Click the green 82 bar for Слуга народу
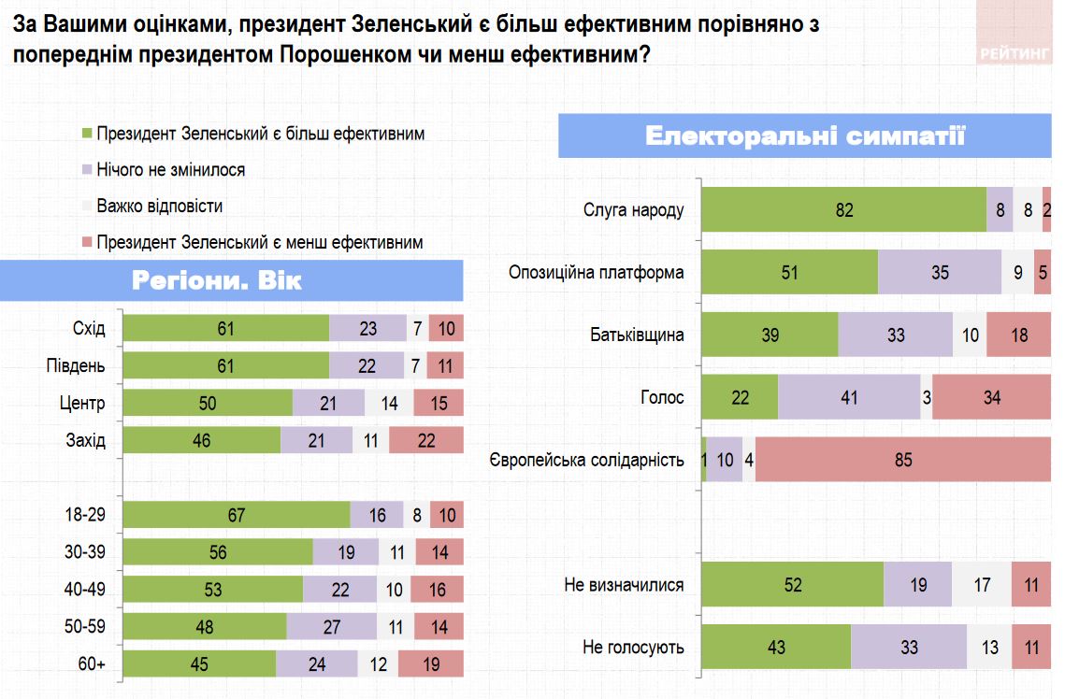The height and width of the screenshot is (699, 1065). coord(843,209)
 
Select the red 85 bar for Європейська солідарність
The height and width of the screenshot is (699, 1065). coord(902,460)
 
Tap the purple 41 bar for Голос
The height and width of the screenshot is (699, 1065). coord(848,397)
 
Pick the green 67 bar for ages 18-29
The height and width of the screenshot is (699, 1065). coord(237,515)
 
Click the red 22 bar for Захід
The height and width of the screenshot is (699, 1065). coord(426,440)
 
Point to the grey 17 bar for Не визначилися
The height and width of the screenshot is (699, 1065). coord(981,585)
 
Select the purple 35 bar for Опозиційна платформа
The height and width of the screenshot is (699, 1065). coord(939,273)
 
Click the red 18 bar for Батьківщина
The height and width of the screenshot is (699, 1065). coord(1018,335)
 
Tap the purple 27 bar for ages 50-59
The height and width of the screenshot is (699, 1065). coord(331,627)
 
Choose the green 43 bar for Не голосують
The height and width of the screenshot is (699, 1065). coord(776,647)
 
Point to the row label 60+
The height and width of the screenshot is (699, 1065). coord(91,664)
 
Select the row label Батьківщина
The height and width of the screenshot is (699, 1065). coord(637,335)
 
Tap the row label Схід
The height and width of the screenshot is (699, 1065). coord(89,329)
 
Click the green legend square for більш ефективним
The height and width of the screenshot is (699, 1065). coord(89,134)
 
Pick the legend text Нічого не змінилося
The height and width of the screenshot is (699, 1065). coord(170,170)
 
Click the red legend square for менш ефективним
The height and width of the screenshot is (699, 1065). coord(89,243)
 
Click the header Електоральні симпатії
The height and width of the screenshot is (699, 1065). coord(804,136)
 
